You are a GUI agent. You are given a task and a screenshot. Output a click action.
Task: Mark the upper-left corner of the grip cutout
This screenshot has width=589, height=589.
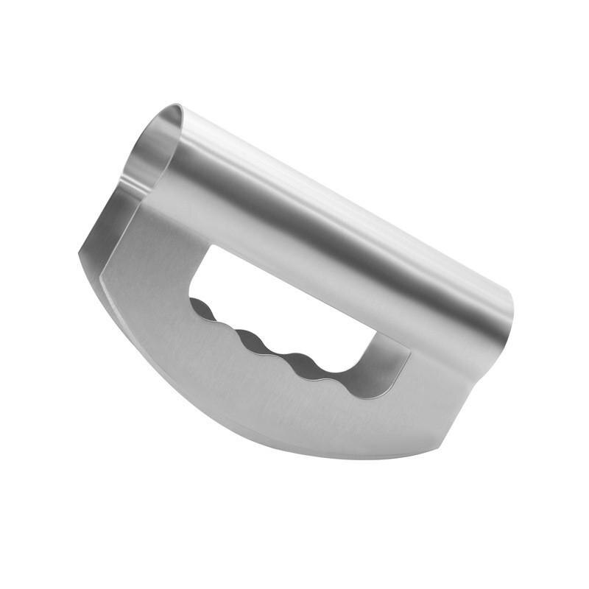pos(214,250)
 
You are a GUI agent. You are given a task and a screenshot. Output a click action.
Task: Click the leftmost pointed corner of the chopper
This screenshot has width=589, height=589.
pos(80,254)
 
